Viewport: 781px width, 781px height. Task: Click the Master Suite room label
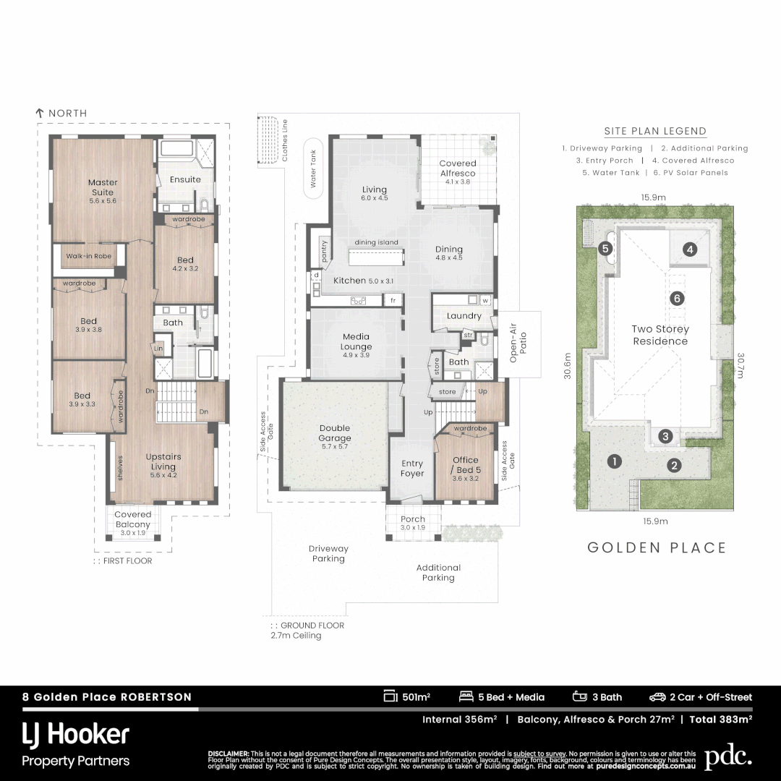click(x=103, y=187)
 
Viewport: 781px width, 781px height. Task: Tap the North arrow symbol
click(x=40, y=114)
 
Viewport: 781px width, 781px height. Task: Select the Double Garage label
click(x=335, y=433)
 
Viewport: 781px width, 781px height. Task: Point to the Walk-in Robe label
click(x=88, y=256)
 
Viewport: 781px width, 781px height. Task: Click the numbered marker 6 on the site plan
click(x=677, y=298)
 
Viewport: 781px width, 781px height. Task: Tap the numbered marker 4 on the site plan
click(x=690, y=249)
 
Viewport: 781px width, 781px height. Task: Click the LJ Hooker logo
click(x=76, y=735)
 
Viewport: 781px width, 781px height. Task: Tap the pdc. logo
click(x=727, y=756)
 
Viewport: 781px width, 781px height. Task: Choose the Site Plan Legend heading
click(x=655, y=132)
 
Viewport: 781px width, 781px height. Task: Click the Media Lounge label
click(x=356, y=341)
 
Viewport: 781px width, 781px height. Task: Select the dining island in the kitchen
click(x=376, y=257)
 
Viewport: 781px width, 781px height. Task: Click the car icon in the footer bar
click(x=657, y=697)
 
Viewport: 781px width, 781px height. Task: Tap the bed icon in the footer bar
click(x=466, y=697)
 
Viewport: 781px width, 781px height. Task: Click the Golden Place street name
click(x=657, y=547)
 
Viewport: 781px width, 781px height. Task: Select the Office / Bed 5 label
click(x=465, y=464)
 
